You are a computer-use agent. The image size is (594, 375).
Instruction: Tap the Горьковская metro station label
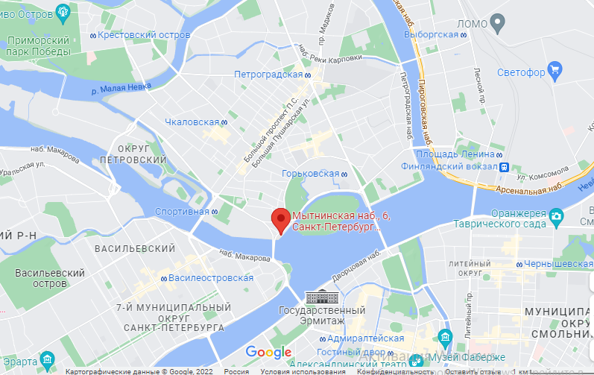pos(310,174)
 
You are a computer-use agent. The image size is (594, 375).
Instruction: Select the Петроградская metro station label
pos(268,75)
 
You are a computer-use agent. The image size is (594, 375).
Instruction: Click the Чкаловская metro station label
pos(192,122)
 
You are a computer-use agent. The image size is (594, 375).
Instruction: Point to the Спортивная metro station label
pos(181,211)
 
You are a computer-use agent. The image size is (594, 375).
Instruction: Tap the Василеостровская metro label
pos(210,277)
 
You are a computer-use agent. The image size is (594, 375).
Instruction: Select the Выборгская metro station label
pos(430,34)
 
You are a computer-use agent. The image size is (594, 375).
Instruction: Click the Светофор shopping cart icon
pos(554,72)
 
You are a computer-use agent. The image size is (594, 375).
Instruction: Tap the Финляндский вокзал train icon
pos(505,167)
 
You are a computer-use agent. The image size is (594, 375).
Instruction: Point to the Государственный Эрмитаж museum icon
pos(322,296)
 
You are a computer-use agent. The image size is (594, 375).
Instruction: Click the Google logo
pos(268,352)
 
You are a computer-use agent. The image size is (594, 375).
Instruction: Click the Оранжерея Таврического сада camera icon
pos(556,217)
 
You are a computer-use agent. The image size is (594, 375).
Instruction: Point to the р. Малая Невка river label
pos(120,88)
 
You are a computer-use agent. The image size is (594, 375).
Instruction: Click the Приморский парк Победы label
pos(37,45)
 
